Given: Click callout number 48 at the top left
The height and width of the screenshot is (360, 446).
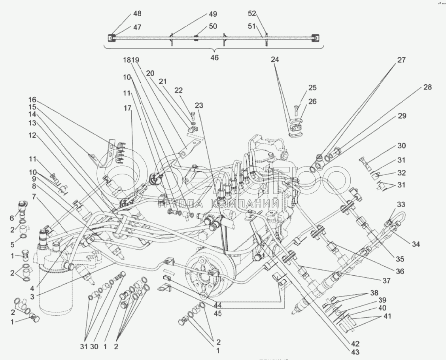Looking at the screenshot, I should pos(137,13).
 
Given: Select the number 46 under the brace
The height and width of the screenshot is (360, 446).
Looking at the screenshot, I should pos(214,58).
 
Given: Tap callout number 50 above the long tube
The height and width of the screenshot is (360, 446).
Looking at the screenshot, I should pos(213,27).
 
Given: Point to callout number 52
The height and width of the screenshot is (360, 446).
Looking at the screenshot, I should pos(252,13).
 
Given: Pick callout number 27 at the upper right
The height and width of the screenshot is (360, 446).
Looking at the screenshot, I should pos(401,60).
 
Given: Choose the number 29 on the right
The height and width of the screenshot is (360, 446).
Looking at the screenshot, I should pos(402,116).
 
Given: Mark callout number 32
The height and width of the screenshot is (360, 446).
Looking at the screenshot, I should pos(402,173).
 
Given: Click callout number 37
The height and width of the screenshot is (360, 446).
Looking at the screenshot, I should pos(386,281).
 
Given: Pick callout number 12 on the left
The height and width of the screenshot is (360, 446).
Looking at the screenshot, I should pos(32,135).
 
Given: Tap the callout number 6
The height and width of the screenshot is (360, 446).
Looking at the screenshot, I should pos(12,218).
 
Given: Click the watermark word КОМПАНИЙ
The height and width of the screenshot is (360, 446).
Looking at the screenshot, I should pos(243,204).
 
